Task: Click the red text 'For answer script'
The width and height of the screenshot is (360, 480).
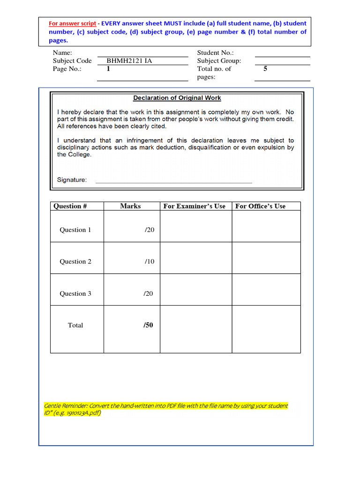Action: pyautogui.click(x=73, y=23)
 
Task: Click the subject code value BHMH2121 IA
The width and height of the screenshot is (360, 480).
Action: pyautogui.click(x=129, y=60)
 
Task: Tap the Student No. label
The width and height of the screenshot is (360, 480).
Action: pyautogui.click(x=215, y=53)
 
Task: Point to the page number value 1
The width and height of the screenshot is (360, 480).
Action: pyautogui.click(x=108, y=69)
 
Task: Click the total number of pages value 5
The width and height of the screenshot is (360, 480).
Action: pyautogui.click(x=265, y=69)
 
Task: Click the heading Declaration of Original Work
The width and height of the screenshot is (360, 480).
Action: pyautogui.click(x=177, y=98)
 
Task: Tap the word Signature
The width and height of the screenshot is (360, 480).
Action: pyautogui.click(x=72, y=180)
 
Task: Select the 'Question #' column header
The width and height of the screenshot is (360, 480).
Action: pyautogui.click(x=70, y=206)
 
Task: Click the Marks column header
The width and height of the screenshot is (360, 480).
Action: pyautogui.click(x=130, y=206)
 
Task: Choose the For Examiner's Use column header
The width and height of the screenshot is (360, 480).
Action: pyautogui.click(x=194, y=206)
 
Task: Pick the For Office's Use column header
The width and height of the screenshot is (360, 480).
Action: pyautogui.click(x=260, y=206)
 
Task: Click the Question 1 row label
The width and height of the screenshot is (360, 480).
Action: pyautogui.click(x=75, y=230)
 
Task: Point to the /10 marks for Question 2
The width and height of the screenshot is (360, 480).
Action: pyautogui.click(x=149, y=262)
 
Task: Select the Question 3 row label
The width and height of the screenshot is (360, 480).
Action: pyautogui.click(x=75, y=294)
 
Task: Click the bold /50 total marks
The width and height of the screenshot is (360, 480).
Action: pyautogui.click(x=148, y=325)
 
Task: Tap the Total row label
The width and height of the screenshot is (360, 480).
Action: pyautogui.click(x=75, y=325)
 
